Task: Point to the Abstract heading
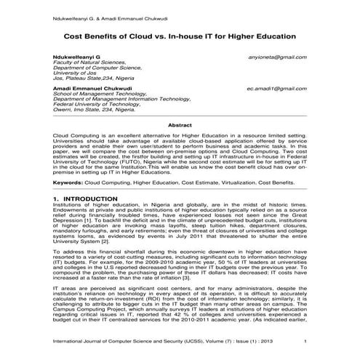(180, 125)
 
